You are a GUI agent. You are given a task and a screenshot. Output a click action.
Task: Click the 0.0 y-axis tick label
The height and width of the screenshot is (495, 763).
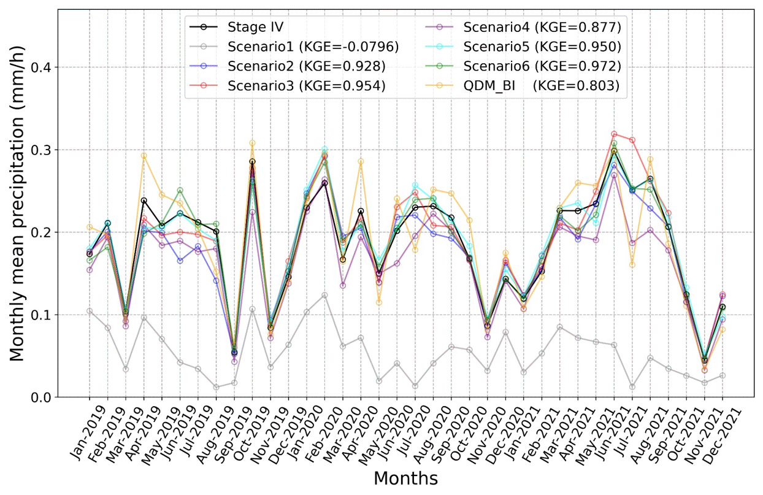(x=40, y=398)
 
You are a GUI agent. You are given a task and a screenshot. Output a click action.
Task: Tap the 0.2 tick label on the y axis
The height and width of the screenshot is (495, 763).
(x=40, y=232)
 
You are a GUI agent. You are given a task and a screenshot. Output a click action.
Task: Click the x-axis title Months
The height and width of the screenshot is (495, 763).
(x=405, y=478)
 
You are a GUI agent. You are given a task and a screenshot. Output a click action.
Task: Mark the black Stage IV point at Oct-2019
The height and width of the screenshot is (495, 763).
(x=252, y=162)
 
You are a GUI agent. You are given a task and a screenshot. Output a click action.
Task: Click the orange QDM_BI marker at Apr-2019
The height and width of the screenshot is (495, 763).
(x=144, y=156)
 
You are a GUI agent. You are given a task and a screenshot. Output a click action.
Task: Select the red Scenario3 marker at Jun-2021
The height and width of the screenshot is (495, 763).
(x=614, y=134)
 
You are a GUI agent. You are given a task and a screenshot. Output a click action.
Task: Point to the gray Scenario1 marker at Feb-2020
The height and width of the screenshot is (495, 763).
(x=324, y=295)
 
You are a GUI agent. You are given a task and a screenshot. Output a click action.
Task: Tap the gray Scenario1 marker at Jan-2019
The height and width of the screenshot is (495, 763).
(x=90, y=311)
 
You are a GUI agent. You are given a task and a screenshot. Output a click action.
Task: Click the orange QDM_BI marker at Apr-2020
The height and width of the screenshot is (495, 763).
(x=361, y=161)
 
